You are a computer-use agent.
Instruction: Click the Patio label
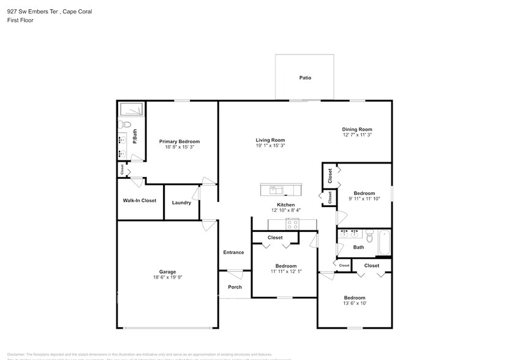tap(305, 78)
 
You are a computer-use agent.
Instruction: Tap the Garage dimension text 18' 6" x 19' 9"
tap(167, 277)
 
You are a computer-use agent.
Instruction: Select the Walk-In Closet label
tap(140, 200)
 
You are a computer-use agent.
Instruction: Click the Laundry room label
tap(181, 203)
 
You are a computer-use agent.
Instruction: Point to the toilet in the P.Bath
tap(121, 125)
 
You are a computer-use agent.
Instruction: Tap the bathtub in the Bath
tap(383, 243)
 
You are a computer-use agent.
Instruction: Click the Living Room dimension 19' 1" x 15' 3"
tap(270, 146)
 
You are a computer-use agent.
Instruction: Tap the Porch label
tap(235, 287)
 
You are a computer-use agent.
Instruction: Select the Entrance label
tap(233, 252)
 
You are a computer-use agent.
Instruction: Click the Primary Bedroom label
tap(179, 141)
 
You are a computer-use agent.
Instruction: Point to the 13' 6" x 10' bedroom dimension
tap(355, 303)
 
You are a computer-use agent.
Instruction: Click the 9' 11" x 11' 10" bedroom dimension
tap(364, 198)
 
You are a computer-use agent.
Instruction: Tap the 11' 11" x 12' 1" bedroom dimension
tap(286, 271)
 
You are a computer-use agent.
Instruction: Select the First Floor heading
tap(20, 20)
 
